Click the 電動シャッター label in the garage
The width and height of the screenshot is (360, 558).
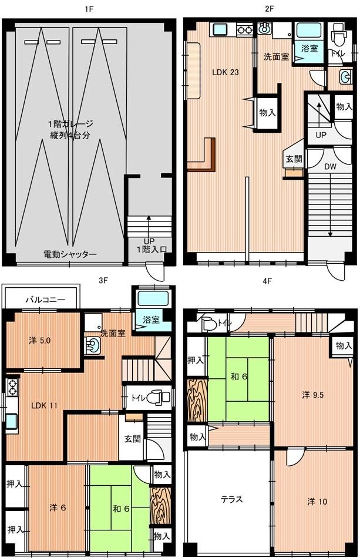pyautogui.click(x=70, y=254)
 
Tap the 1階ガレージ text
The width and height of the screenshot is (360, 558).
pyautogui.click(x=71, y=124)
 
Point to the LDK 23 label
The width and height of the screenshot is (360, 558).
pyautogui.click(x=226, y=72)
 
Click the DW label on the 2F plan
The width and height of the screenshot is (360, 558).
pyautogui.click(x=331, y=166)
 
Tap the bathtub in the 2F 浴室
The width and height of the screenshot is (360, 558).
pyautogui.click(x=308, y=31)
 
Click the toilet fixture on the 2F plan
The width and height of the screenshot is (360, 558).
pyautogui.click(x=338, y=36)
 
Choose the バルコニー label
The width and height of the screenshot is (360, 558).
pyautogui.click(x=41, y=300)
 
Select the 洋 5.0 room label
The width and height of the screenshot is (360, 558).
pyautogui.click(x=41, y=339)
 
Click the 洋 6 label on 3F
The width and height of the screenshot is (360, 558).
pyautogui.click(x=57, y=507)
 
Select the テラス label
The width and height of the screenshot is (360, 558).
pyautogui.click(x=232, y=500)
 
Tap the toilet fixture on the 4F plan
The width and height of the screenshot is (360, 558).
pyautogui.click(x=208, y=324)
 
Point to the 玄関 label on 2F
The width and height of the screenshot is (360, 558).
pyautogui.click(x=293, y=159)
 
